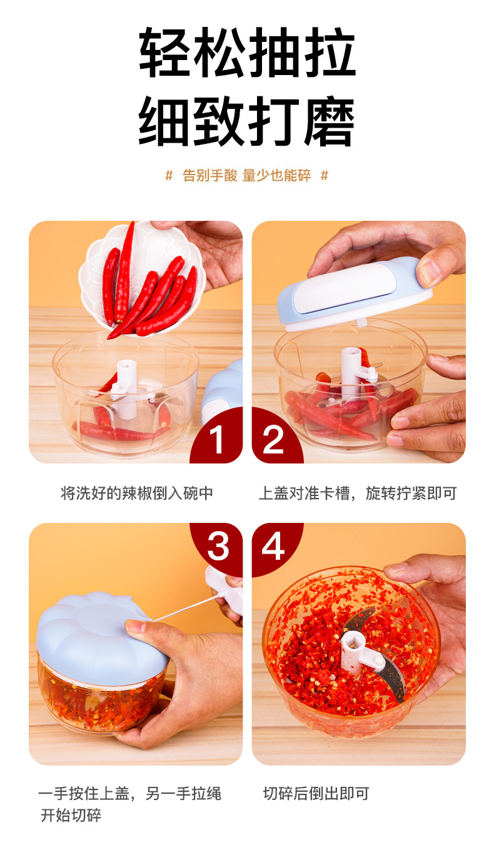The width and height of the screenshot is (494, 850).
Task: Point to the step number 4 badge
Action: click(x=275, y=547)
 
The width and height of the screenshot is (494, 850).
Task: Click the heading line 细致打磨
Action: click(x=247, y=121)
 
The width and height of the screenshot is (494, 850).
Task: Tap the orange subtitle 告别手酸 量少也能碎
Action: click(x=247, y=176)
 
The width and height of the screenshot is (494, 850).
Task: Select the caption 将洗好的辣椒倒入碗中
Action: click(x=137, y=493)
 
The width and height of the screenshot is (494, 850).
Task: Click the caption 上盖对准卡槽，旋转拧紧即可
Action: click(x=358, y=493)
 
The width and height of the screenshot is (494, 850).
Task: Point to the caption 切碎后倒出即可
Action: click(x=316, y=794)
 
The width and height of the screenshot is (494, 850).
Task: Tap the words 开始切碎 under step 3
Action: click(x=71, y=815)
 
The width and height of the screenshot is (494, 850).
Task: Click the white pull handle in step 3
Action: click(x=224, y=591)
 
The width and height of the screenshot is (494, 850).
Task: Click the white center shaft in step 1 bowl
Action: click(x=126, y=389)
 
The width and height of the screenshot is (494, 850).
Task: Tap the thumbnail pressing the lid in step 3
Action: click(x=136, y=625)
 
